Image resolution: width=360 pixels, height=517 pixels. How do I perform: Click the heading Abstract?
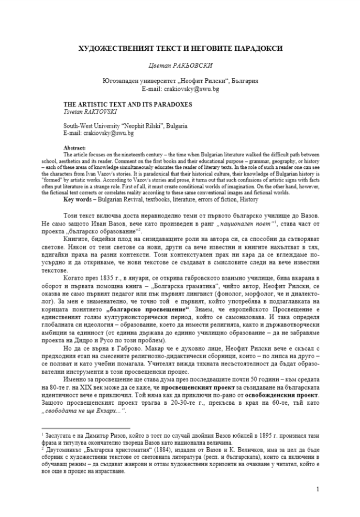74,148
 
